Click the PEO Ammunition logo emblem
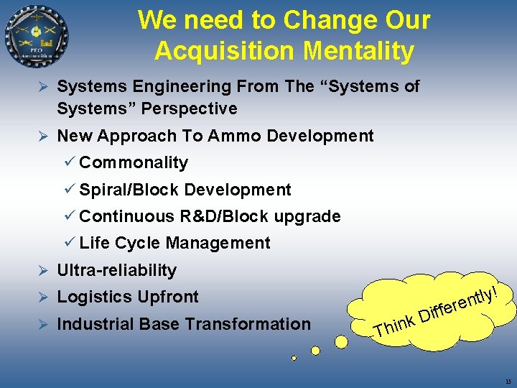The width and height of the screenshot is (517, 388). (x=37, y=37)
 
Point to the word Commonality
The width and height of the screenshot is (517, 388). (x=134, y=162)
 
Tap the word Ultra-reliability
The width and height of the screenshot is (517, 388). (x=116, y=270)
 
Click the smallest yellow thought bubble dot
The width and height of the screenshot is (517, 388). (x=294, y=357)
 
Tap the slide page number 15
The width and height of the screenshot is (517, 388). (x=508, y=382)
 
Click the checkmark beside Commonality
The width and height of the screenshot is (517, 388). (x=70, y=162)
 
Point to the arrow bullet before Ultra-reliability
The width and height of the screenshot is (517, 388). (x=42, y=270)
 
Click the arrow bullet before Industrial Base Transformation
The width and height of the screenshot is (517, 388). (x=42, y=324)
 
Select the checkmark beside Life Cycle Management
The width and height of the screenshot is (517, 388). (x=70, y=243)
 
